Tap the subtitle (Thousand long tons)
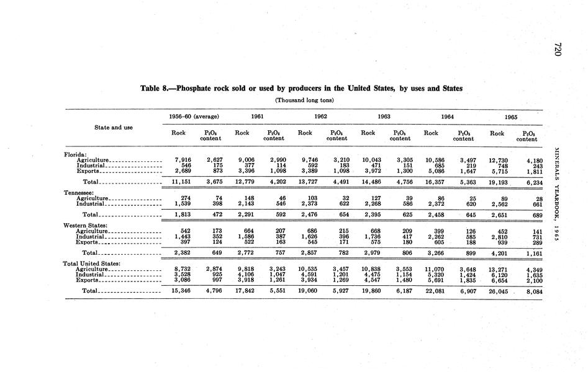pyautogui.click(x=304, y=100)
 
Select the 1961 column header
pyautogui.click(x=257, y=116)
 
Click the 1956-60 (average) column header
pyautogui.click(x=193, y=116)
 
